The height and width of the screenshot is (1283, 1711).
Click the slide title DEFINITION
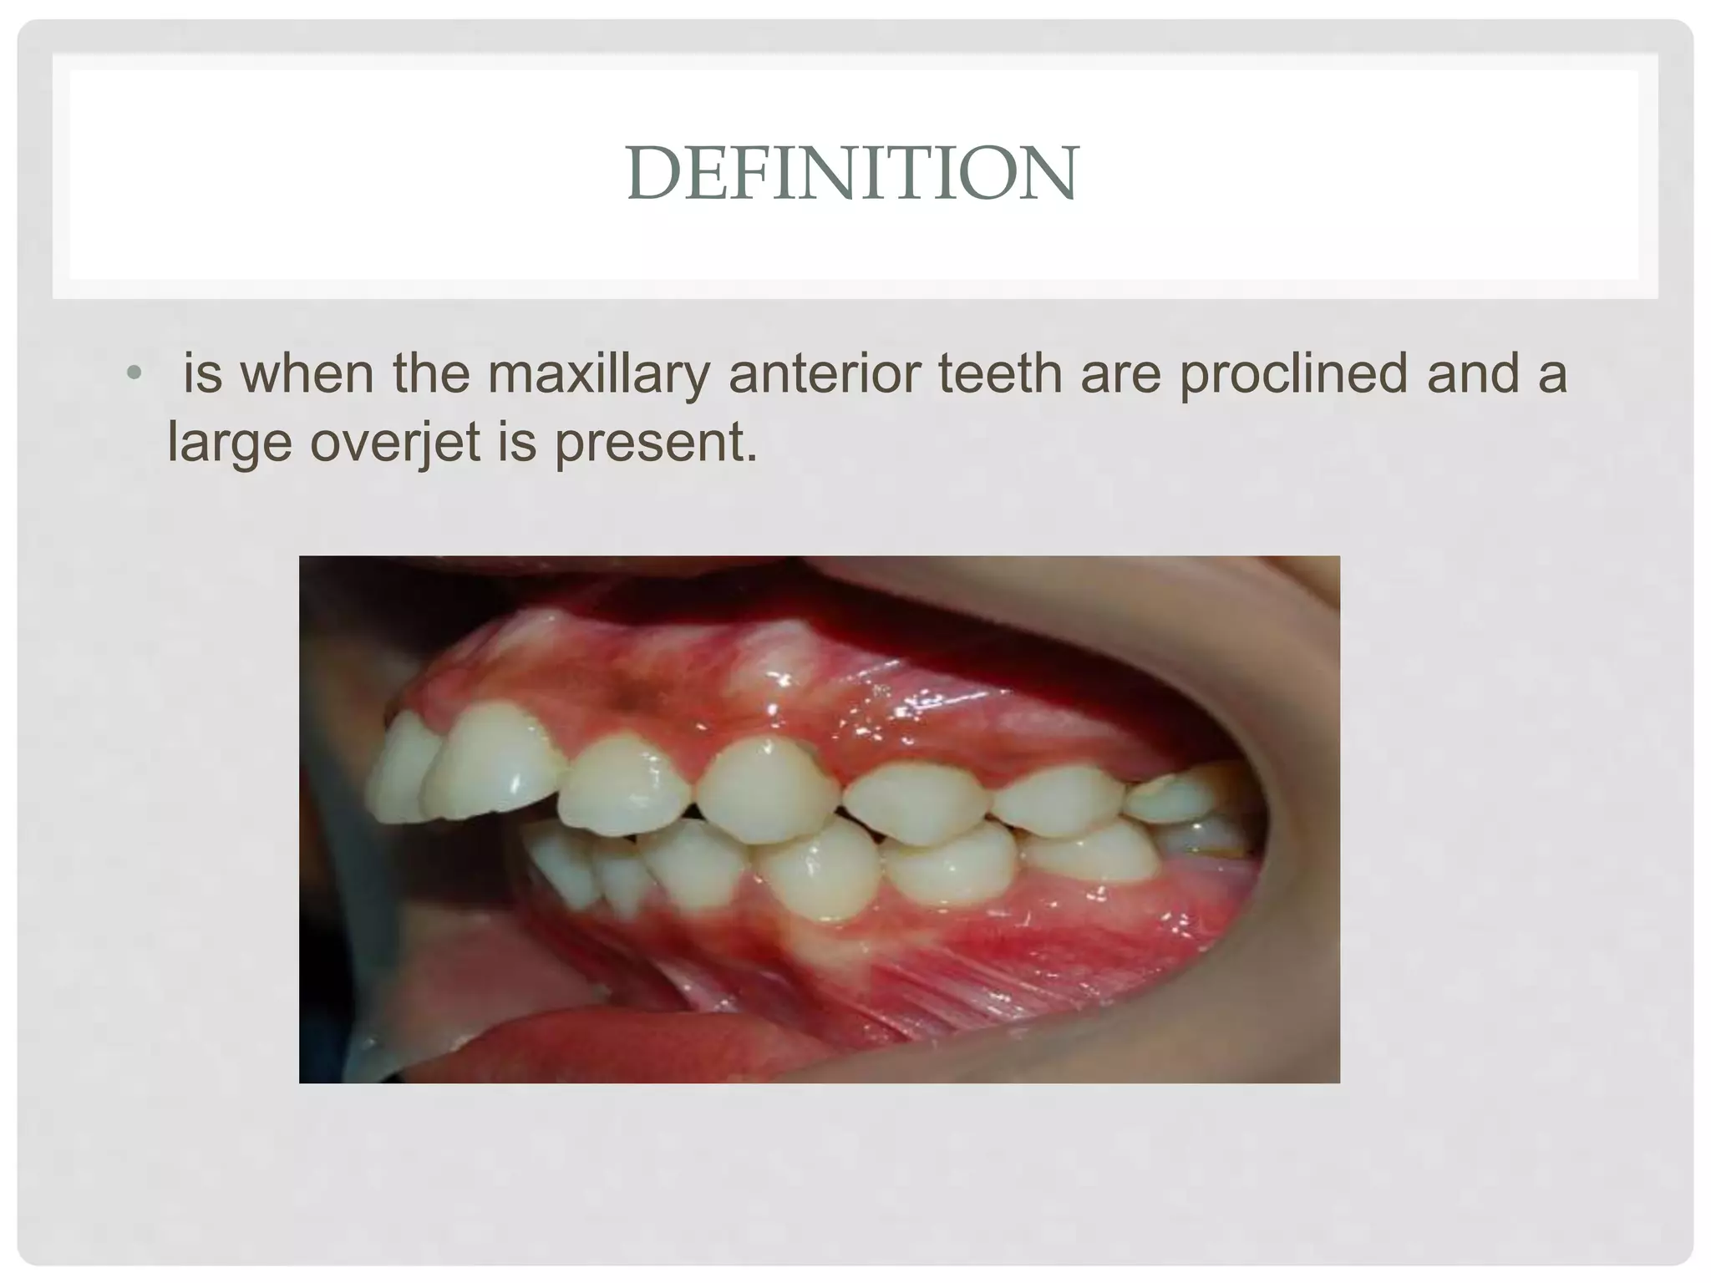tap(853, 174)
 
